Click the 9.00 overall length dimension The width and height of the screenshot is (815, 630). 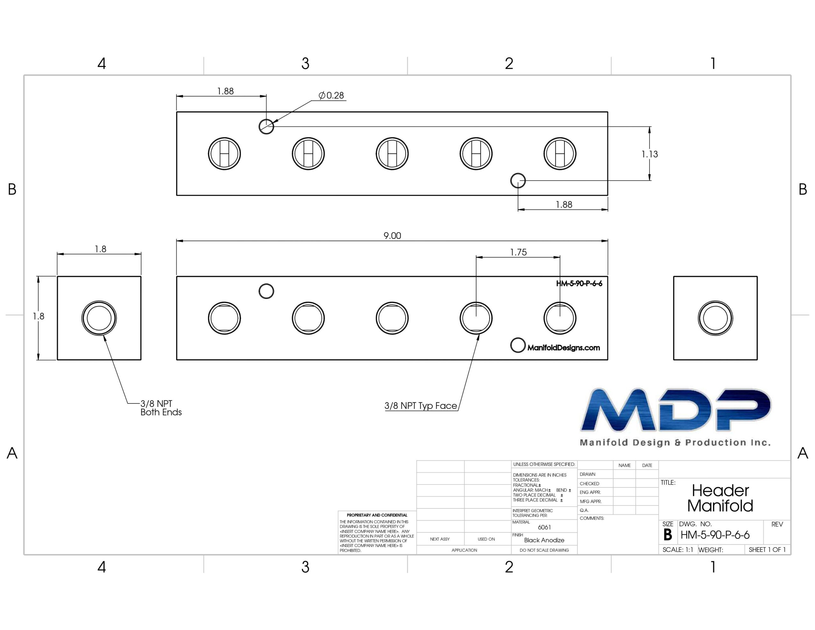pyautogui.click(x=392, y=236)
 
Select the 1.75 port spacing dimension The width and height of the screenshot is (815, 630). pyautogui.click(x=518, y=253)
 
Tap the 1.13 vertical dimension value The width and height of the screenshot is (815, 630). pyautogui.click(x=650, y=154)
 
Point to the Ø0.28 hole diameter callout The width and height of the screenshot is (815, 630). pyautogui.click(x=331, y=96)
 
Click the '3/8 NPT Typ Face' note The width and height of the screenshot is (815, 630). pyautogui.click(x=421, y=406)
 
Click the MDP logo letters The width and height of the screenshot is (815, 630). pyautogui.click(x=676, y=410)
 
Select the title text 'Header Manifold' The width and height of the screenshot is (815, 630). pyautogui.click(x=720, y=498)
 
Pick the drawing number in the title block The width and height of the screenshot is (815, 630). pyautogui.click(x=715, y=535)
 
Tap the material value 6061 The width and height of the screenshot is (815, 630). pyautogui.click(x=544, y=527)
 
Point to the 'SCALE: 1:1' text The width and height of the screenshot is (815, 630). pyautogui.click(x=678, y=550)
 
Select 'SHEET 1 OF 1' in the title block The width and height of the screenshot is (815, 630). pyautogui.click(x=767, y=550)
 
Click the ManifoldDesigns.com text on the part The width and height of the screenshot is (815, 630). pyautogui.click(x=563, y=348)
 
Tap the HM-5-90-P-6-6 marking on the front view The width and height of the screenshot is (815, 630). pyautogui.click(x=579, y=283)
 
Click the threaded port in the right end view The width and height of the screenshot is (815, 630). pyautogui.click(x=715, y=318)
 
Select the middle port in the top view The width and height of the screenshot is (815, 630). pyautogui.click(x=392, y=154)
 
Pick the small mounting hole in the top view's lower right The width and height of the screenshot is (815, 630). pyautogui.click(x=518, y=181)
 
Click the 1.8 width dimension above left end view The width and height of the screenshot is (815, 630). pyautogui.click(x=100, y=249)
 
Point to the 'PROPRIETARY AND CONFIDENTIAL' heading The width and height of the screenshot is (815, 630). pyautogui.click(x=377, y=515)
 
